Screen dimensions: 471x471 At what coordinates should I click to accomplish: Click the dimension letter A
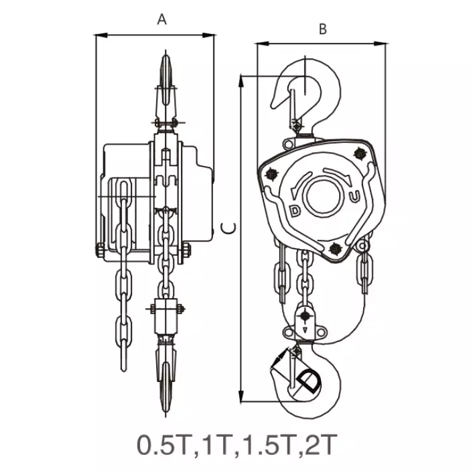[x=161, y=19]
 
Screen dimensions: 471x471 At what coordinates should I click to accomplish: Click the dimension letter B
[x=323, y=29]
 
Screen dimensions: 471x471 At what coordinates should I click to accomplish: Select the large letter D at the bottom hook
[x=309, y=381]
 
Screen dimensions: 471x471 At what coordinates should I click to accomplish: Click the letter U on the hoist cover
[x=354, y=197]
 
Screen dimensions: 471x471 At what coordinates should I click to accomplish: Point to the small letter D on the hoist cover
[x=295, y=211]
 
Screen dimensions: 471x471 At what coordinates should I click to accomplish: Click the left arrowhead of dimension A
[x=101, y=36]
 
